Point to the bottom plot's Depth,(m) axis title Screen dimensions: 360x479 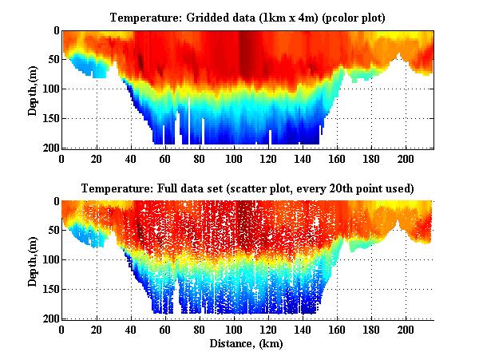pyautogui.click(x=33, y=259)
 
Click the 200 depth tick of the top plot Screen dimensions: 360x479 pyautogui.click(x=49, y=148)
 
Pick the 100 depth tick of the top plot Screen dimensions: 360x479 pyautogui.click(x=49, y=89)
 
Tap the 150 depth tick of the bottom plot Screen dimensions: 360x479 pyautogui.click(x=49, y=289)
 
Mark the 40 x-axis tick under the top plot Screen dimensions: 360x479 pyautogui.click(x=131, y=158)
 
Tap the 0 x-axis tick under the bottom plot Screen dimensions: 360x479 pyautogui.click(x=62, y=329)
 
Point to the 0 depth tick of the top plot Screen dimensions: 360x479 pyautogui.click(x=55, y=30)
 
